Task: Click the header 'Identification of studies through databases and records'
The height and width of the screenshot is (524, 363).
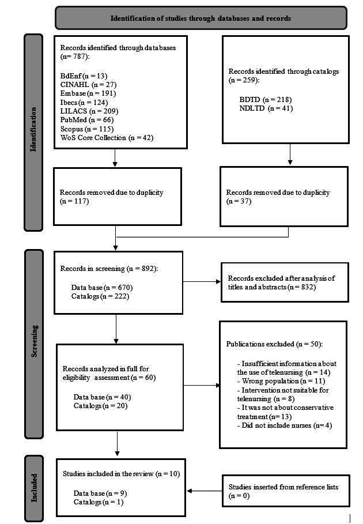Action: coord(201,18)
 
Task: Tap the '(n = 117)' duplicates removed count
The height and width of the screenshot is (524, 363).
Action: coord(74,201)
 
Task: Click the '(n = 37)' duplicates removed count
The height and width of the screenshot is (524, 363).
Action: coord(240,201)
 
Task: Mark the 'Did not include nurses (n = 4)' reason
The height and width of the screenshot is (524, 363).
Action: coord(285,425)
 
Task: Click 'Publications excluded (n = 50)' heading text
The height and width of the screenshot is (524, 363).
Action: coord(274,344)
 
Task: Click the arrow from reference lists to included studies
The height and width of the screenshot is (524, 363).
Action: coord(204,491)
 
